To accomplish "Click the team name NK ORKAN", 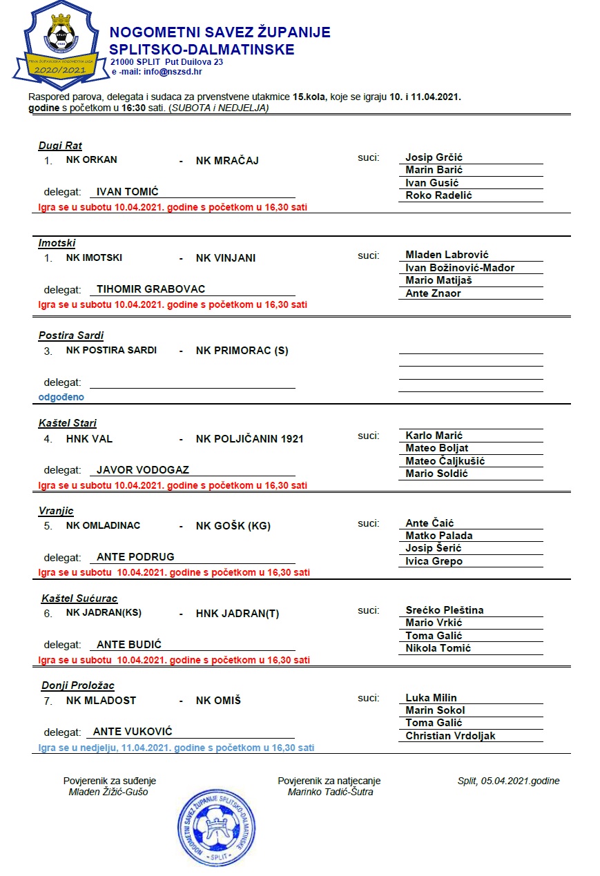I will click(92, 160).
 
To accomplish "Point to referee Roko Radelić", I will click(438, 195).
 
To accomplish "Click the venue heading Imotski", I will click(57, 243).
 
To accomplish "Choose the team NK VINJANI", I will click(226, 258).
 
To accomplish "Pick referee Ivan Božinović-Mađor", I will click(460, 268).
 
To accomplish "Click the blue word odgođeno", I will click(61, 398).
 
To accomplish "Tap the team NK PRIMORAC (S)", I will click(242, 351).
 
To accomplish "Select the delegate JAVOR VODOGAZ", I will click(143, 470).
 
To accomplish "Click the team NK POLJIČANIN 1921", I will click(250, 439).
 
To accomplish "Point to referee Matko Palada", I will click(439, 536).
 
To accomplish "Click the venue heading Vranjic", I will click(56, 511).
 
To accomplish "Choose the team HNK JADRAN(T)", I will click(238, 614).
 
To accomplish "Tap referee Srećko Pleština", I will click(445, 610).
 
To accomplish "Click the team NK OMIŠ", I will click(218, 701).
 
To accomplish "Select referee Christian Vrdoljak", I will click(450, 736).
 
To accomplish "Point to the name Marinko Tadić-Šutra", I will click(330, 792).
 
